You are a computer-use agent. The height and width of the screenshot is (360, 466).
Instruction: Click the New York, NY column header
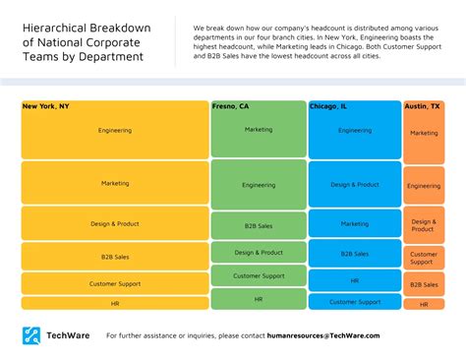tap(46, 105)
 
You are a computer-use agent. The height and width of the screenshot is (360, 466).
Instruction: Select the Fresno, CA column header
tap(231, 105)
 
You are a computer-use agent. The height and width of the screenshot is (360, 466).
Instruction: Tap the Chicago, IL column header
tap(328, 105)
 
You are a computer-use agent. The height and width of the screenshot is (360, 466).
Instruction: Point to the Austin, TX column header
tap(421, 105)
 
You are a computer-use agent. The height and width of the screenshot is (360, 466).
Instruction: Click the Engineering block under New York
tap(114, 130)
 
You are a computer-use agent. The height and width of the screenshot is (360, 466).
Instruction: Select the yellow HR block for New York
tap(114, 303)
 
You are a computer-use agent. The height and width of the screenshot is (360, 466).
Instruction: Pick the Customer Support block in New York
tap(114, 283)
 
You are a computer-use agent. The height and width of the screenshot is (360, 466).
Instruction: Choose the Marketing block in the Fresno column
tap(259, 129)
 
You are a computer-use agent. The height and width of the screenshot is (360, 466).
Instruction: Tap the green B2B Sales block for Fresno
tap(259, 226)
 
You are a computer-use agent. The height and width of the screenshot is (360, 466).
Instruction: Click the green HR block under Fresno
tap(259, 299)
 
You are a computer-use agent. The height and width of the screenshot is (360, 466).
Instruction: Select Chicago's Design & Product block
tap(355, 185)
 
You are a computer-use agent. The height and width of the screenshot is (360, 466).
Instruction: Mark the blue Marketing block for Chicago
tap(355, 223)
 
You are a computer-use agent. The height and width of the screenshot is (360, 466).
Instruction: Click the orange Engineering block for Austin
tap(424, 185)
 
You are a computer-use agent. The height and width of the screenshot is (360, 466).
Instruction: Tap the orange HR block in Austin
tap(424, 304)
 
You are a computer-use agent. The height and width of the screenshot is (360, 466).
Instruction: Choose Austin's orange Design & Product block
tap(424, 225)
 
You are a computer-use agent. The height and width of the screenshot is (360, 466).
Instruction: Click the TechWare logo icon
tap(31, 335)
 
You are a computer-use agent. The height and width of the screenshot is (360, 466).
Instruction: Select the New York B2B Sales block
tap(114, 257)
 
